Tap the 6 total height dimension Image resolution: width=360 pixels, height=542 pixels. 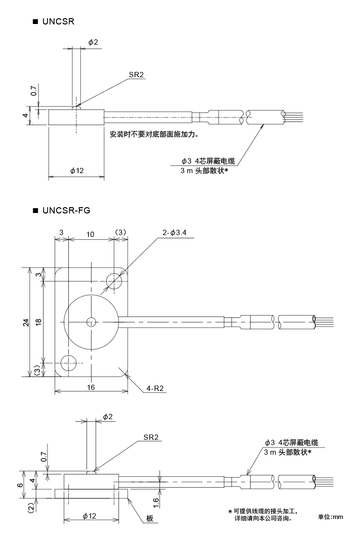[20, 485]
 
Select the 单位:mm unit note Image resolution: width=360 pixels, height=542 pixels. [331, 517]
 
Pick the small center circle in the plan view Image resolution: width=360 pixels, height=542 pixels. [91, 322]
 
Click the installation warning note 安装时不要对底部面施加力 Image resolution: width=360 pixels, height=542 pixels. [154, 135]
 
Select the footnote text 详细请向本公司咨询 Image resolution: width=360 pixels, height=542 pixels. [262, 518]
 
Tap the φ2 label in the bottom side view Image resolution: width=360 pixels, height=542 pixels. [108, 417]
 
